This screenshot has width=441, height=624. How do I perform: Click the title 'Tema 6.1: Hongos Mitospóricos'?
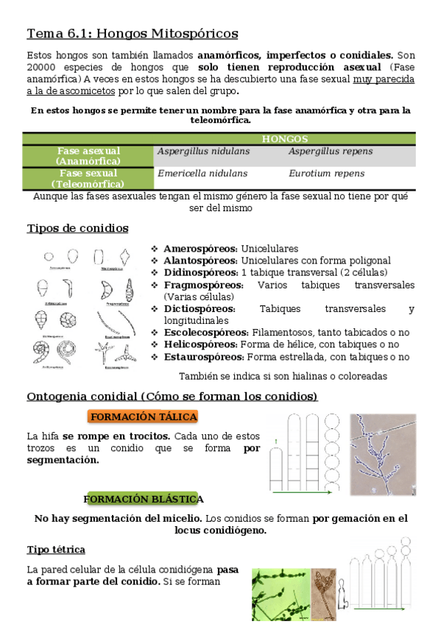pyautogui.click(x=133, y=34)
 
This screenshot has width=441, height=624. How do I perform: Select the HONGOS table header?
pyautogui.click(x=284, y=139)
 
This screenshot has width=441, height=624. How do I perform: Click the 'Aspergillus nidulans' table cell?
pyautogui.click(x=204, y=152)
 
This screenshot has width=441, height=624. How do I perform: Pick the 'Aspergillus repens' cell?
pyautogui.click(x=331, y=152)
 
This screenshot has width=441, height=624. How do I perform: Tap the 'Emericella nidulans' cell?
pyautogui.click(x=202, y=174)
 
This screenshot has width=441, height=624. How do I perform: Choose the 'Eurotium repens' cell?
pyautogui.click(x=326, y=174)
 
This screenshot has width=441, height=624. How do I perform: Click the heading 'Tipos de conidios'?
pyautogui.click(x=77, y=228)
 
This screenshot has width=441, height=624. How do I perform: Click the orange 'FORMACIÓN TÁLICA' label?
pyautogui.click(x=144, y=416)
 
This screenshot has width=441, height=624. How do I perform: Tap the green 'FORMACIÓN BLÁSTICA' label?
pyautogui.click(x=143, y=500)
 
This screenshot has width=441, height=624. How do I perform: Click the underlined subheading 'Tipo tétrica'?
pyautogui.click(x=56, y=550)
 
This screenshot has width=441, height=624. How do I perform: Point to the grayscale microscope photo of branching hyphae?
pyautogui.click(x=382, y=454)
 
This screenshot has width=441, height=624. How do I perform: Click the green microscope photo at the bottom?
pyautogui.click(x=280, y=595)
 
